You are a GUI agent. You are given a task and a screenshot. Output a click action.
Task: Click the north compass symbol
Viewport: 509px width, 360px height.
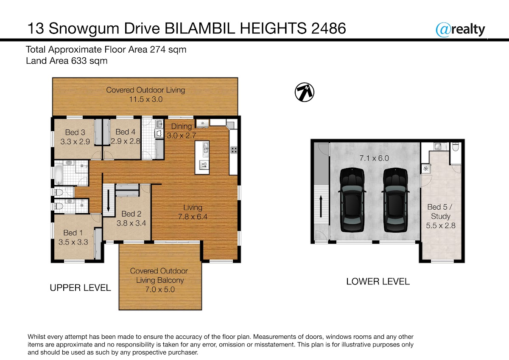pyautogui.click(x=305, y=92)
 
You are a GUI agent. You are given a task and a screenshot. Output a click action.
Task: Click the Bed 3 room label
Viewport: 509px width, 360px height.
pyautogui.click(x=75, y=132)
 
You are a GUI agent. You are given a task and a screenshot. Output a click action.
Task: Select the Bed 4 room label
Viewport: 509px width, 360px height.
pyautogui.click(x=126, y=132)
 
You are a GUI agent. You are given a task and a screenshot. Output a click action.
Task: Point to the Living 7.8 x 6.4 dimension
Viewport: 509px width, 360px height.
pyautogui.click(x=193, y=217)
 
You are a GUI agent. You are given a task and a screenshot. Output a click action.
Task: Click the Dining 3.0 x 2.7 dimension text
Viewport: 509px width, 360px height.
pyautogui.click(x=182, y=135)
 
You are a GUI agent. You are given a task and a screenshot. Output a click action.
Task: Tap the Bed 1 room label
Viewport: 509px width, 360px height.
pyautogui.click(x=73, y=233)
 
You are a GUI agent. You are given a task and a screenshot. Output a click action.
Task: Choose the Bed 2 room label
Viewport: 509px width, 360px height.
pyautogui.click(x=131, y=214)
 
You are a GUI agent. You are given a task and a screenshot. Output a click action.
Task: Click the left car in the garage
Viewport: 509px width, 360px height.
pyautogui.click(x=352, y=200)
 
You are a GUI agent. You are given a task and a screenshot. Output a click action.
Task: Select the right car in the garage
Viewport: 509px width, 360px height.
pyautogui.click(x=395, y=200)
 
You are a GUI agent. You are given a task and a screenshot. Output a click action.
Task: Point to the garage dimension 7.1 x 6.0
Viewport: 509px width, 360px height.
pyautogui.click(x=374, y=158)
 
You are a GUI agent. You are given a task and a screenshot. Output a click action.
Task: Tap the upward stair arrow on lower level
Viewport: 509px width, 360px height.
pyautogui.click(x=321, y=206)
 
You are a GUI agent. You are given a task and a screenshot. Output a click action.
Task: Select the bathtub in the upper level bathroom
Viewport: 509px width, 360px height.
pyautogui.click(x=59, y=174)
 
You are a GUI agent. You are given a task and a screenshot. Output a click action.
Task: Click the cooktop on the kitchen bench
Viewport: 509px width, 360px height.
pyautogui.click(x=234, y=150)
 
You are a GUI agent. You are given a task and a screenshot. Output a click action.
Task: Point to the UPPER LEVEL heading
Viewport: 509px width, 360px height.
pyautogui.click(x=80, y=288)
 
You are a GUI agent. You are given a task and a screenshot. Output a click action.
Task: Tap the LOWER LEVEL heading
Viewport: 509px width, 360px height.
pyautogui.click(x=378, y=281)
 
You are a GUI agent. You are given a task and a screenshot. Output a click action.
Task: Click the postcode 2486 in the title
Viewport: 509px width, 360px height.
pyautogui.click(x=328, y=28)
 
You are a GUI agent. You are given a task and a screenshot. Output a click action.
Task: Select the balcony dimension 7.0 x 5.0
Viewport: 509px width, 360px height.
pyautogui.click(x=160, y=290)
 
